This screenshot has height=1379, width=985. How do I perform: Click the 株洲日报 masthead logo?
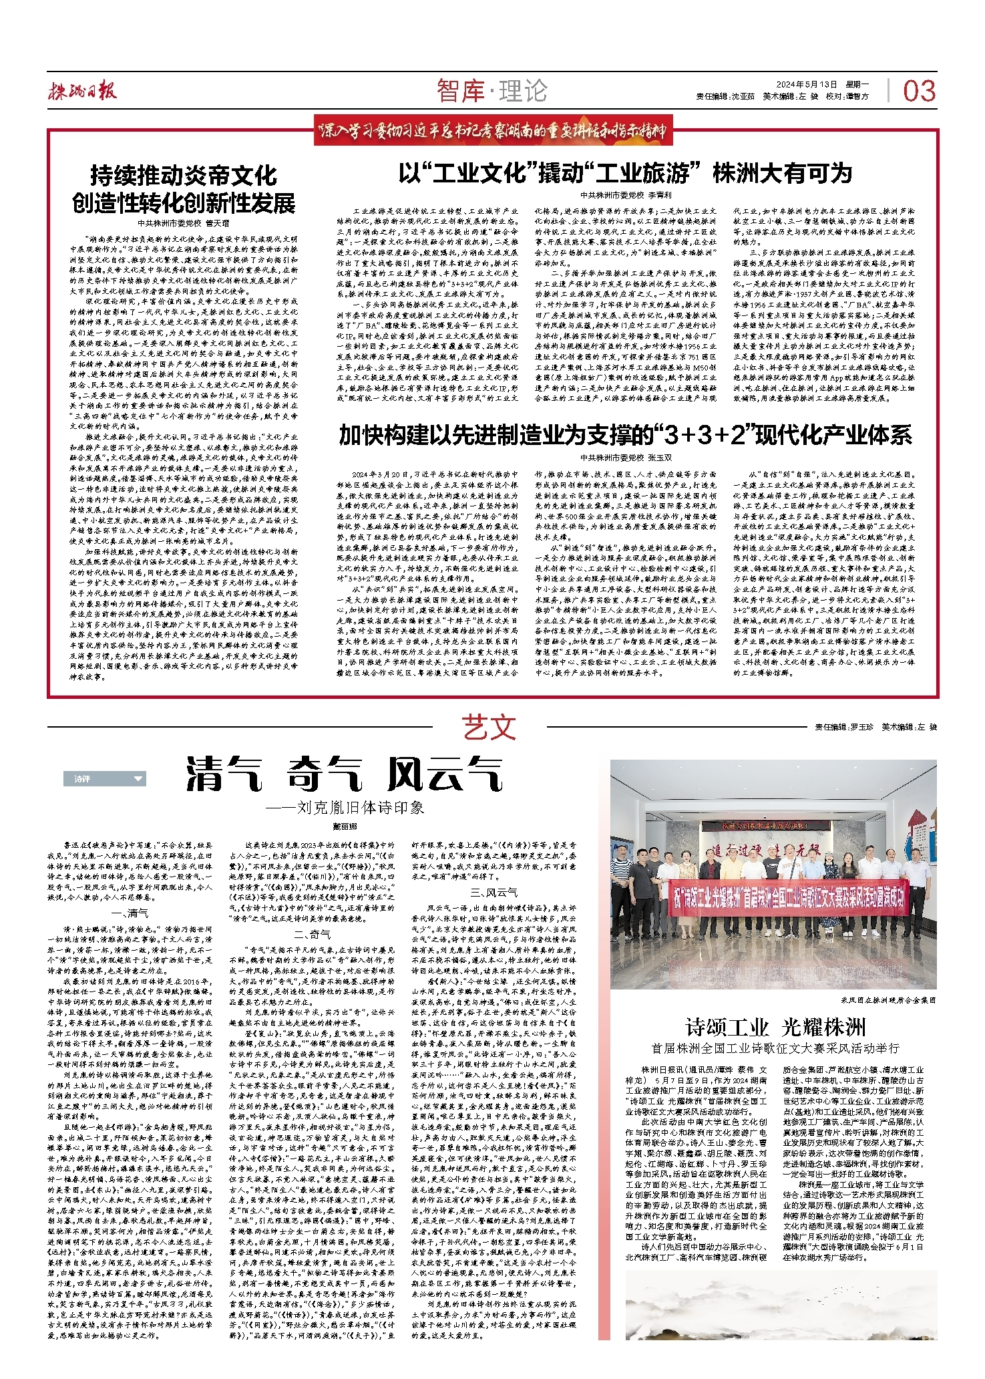point(81,92)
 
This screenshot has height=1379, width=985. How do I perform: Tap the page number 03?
point(919,92)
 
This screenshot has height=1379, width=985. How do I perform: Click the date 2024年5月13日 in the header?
point(806,85)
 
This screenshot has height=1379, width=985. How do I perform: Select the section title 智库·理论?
point(492,91)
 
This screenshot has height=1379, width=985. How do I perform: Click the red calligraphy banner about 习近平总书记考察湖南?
point(494,131)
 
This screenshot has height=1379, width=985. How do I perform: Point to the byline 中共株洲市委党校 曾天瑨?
point(183,223)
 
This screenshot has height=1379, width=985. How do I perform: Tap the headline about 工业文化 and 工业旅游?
point(625,174)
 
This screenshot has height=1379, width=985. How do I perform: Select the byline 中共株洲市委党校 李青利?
point(625,196)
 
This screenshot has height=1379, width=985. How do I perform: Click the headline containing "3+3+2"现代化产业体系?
point(625,436)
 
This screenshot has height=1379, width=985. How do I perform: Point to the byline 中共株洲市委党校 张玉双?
point(625,458)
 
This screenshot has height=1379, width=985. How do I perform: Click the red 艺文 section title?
point(489,728)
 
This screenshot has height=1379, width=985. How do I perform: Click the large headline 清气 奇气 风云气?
point(344,775)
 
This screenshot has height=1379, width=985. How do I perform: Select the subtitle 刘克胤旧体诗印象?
point(345,808)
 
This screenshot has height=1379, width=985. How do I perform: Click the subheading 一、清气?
point(130,913)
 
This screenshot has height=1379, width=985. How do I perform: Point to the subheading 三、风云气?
point(493,893)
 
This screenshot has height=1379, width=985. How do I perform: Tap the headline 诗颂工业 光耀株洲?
point(775,1027)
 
